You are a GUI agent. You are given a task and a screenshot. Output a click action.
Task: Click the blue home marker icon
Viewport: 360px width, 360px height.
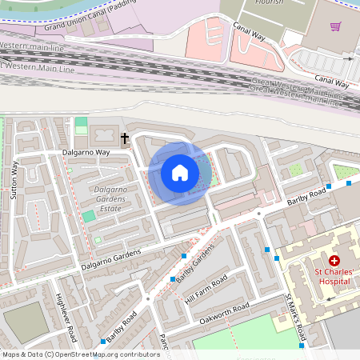[180, 172]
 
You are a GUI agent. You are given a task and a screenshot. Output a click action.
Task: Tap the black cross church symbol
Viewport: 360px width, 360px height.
[125, 139]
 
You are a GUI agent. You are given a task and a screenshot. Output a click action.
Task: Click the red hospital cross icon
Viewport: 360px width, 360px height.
[334, 261]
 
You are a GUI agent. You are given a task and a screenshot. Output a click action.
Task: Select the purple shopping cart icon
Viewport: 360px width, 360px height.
[335, 26]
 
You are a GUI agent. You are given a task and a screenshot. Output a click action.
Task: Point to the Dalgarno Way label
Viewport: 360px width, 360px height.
[86, 152]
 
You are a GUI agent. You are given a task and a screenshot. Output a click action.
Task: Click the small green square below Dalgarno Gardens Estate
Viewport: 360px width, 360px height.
[90, 216]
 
